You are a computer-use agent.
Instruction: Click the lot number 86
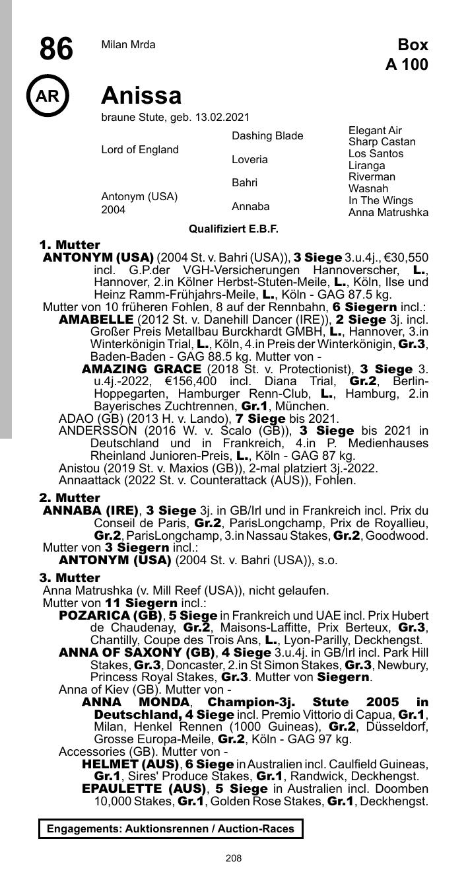pyautogui.click(x=56, y=49)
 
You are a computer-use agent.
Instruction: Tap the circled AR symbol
pyautogui.click(x=48, y=96)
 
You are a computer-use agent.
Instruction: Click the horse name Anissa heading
pyautogui.click(x=141, y=96)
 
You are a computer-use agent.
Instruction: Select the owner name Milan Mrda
pyautogui.click(x=128, y=45)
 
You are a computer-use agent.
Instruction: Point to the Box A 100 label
pyautogui.click(x=407, y=55)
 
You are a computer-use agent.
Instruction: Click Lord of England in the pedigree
pyautogui.click(x=140, y=150)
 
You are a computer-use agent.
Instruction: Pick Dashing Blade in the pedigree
pyautogui.click(x=267, y=136)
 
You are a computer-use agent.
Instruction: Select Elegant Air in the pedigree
pyautogui.click(x=375, y=131)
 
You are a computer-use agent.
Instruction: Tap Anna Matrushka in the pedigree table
pyautogui.click(x=388, y=213)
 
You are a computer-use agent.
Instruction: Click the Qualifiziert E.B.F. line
pyautogui.click(x=234, y=229)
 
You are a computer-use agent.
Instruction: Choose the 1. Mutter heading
pyautogui.click(x=69, y=245)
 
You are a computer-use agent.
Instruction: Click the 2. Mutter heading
pyautogui.click(x=69, y=498)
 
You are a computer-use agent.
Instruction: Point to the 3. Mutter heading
pyautogui.click(x=69, y=579)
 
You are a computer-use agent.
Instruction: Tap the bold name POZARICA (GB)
pyautogui.click(x=111, y=616)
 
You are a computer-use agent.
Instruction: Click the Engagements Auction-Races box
pyautogui.click(x=170, y=828)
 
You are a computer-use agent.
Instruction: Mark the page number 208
pyautogui.click(x=234, y=858)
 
